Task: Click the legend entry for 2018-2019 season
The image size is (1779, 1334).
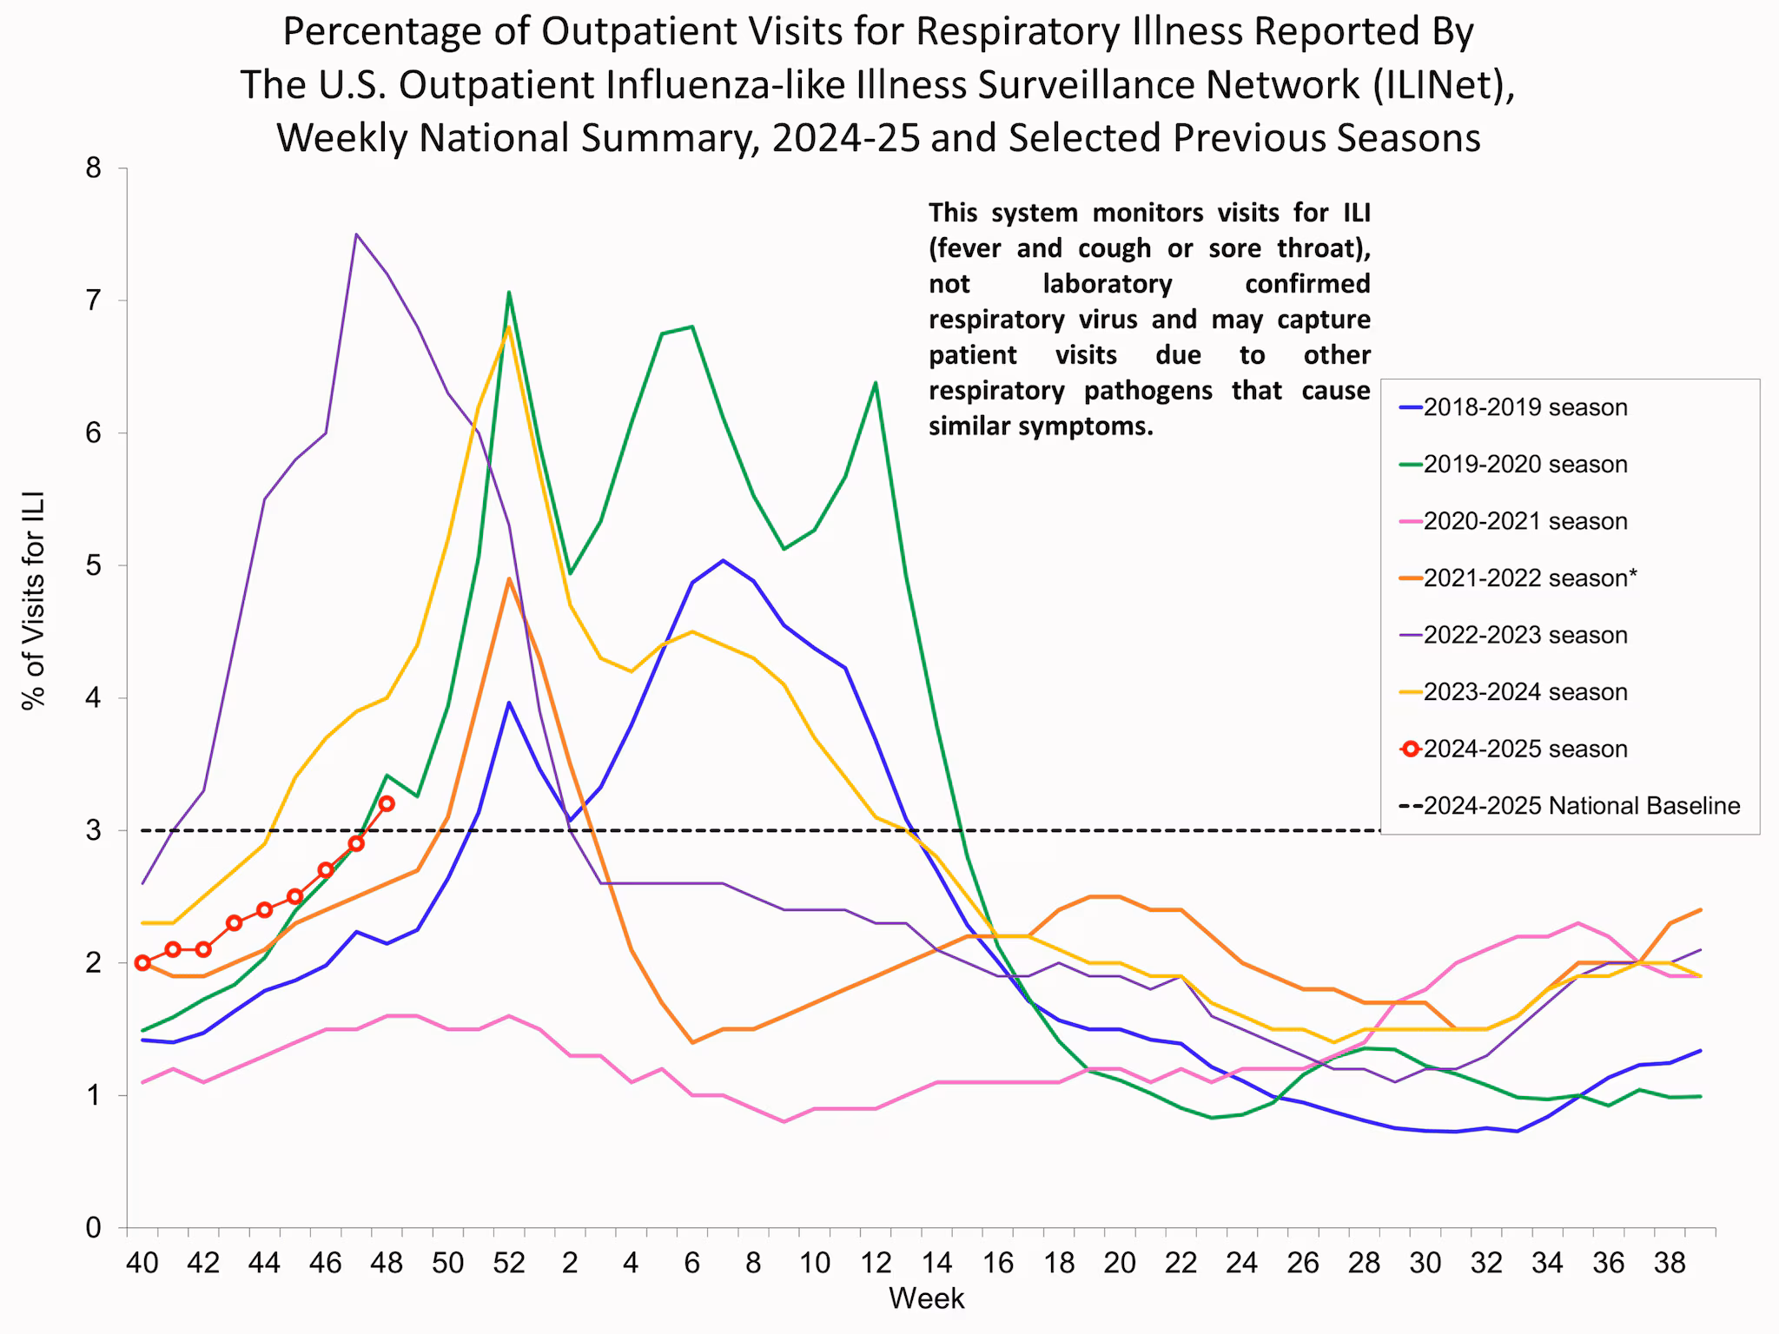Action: coord(1524,407)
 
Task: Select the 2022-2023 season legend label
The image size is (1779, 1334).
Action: coord(1524,635)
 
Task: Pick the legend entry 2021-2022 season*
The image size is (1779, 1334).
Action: coord(1529,578)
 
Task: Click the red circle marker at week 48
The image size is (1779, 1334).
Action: coord(387,803)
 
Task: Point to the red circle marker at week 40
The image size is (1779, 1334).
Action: coord(142,962)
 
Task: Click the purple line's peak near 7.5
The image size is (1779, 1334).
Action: coord(356,234)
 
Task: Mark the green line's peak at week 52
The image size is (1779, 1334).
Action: coord(509,293)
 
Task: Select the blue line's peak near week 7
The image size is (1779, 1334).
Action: coord(723,560)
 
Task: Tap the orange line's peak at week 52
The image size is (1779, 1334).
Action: coord(509,578)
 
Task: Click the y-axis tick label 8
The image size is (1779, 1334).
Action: coord(93,168)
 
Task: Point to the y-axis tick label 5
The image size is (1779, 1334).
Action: coord(93,565)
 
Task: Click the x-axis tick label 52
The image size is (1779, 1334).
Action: coord(509,1263)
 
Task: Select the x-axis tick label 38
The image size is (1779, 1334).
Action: coord(1670,1263)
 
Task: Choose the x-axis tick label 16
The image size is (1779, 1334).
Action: coord(998,1263)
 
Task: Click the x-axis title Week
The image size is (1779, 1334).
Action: coord(926,1298)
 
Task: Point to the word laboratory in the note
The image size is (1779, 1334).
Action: coord(1107,284)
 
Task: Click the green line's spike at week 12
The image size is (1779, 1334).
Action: coord(875,382)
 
